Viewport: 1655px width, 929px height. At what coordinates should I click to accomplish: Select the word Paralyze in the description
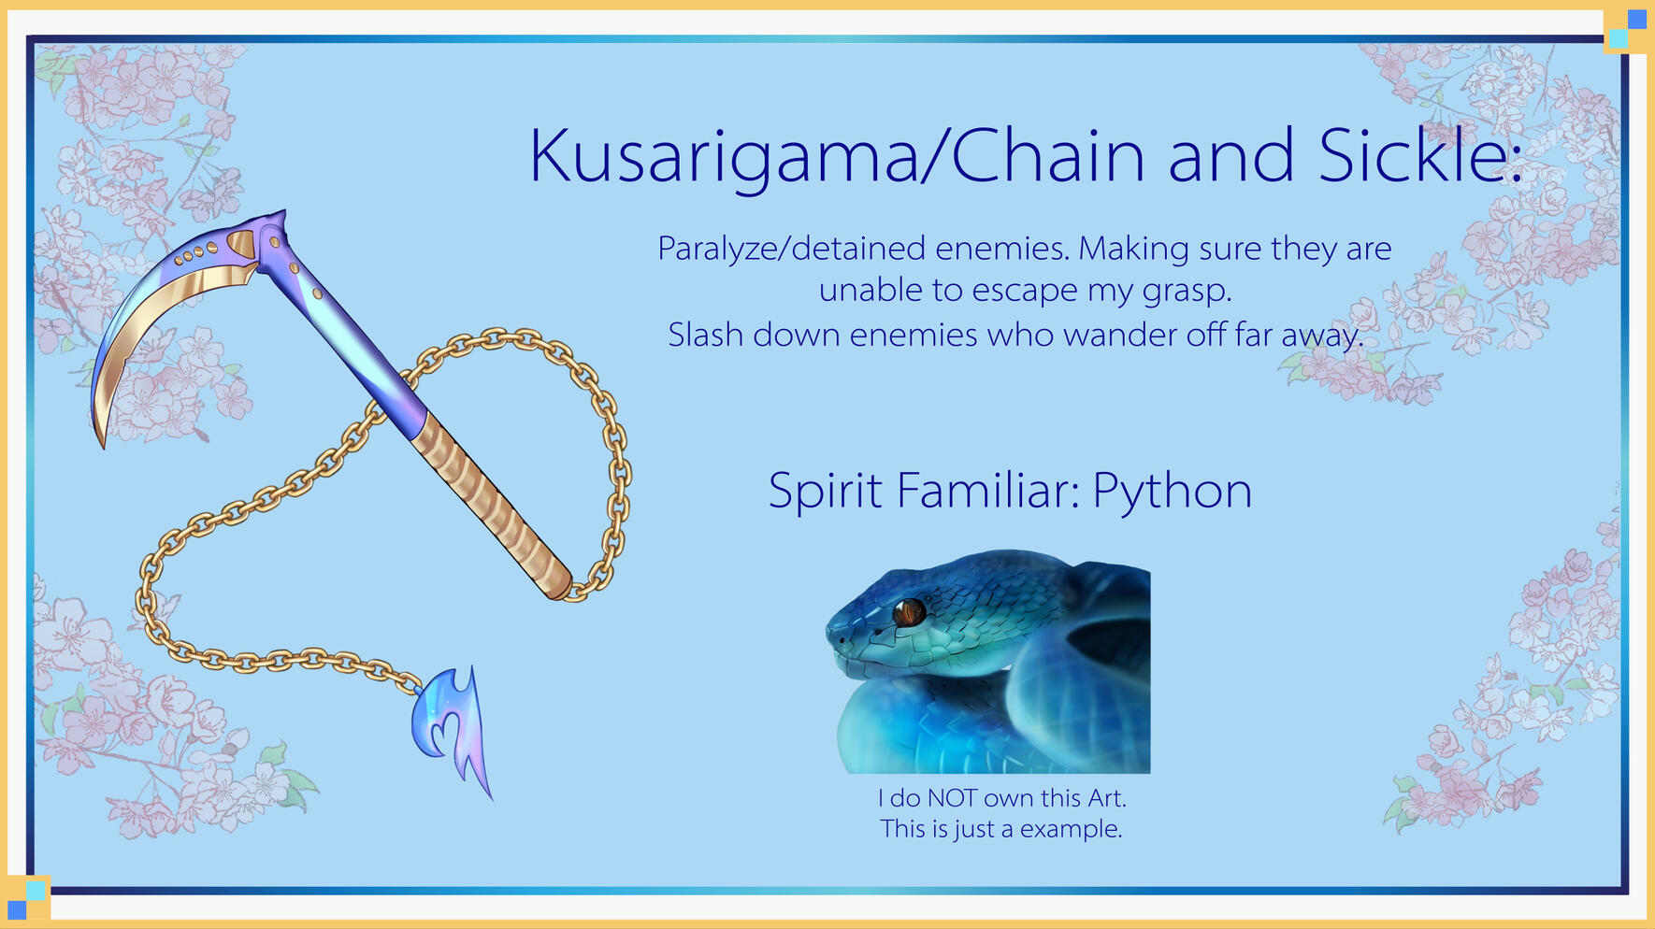[716, 250]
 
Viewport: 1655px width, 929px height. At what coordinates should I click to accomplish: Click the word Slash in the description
[706, 334]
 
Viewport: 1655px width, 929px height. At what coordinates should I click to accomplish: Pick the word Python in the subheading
[1172, 492]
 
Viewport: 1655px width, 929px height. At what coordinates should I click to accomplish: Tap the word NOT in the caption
[952, 798]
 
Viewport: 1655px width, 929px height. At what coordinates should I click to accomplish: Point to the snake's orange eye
[908, 613]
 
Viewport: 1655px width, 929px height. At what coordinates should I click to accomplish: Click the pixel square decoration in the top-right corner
[1627, 28]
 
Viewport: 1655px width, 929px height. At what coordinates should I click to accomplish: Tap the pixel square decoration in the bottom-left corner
[27, 899]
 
